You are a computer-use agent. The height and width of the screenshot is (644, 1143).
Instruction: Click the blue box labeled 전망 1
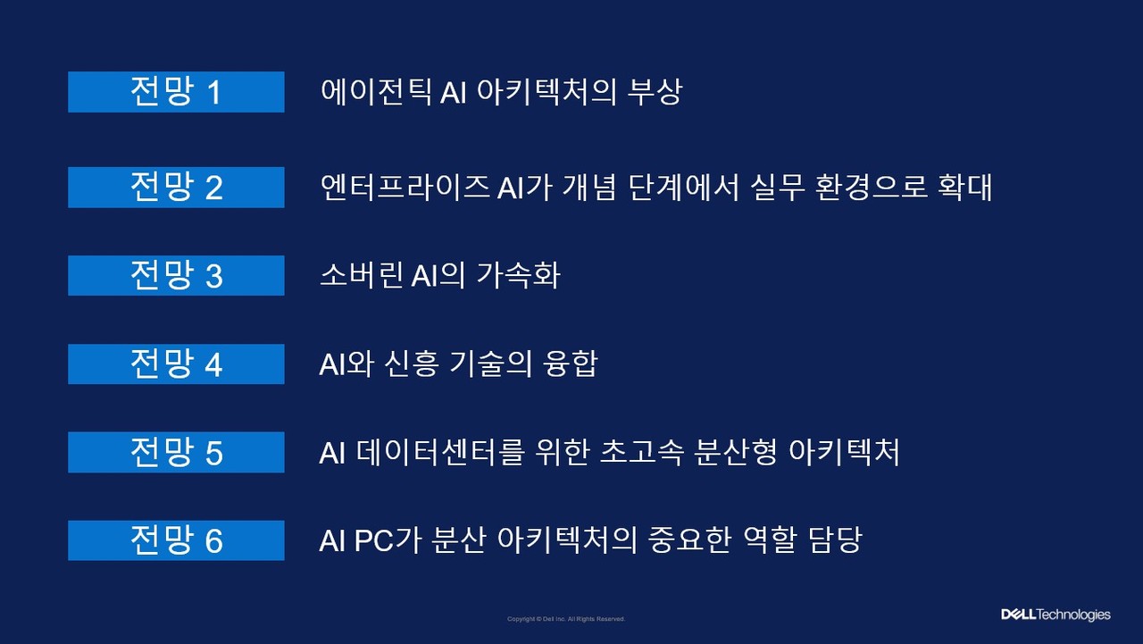[176, 92]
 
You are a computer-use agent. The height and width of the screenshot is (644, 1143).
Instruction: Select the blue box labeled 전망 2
[176, 188]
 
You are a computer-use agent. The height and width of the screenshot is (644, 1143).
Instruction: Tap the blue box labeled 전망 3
[176, 275]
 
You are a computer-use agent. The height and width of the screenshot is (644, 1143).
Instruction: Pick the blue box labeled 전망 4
[176, 364]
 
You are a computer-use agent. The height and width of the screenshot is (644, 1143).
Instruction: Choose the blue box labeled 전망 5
[176, 452]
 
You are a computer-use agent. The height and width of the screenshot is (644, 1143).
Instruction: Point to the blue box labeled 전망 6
[176, 540]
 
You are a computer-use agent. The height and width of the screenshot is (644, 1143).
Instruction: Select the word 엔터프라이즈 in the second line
[405, 188]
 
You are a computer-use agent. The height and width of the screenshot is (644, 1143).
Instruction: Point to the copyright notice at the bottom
[566, 619]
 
